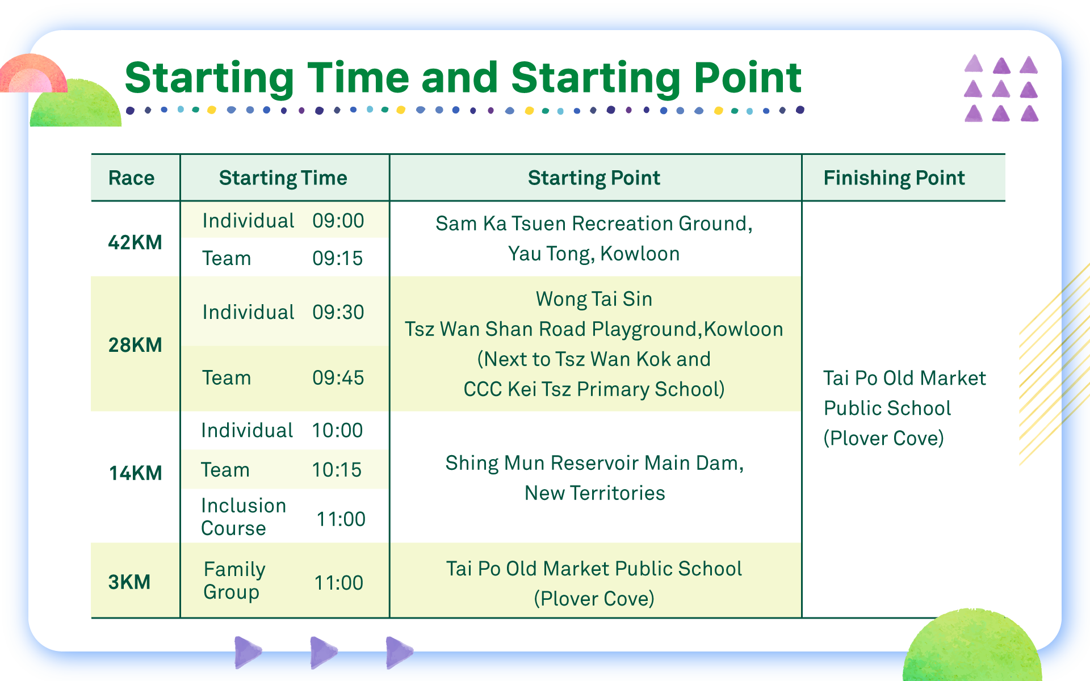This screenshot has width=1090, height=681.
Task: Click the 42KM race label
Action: pyautogui.click(x=135, y=242)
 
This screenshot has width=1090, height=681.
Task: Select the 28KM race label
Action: pyautogui.click(x=135, y=345)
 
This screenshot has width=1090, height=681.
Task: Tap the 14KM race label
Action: pyautogui.click(x=135, y=473)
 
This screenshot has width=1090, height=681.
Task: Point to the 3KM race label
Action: pyautogui.click(x=129, y=582)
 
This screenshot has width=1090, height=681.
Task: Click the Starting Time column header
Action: pyautogui.click(x=283, y=178)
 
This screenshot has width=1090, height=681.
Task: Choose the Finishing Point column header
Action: pyautogui.click(x=894, y=178)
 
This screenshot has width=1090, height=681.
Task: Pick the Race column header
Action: pyautogui.click(x=131, y=178)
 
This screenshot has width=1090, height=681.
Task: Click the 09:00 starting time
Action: pyautogui.click(x=338, y=221)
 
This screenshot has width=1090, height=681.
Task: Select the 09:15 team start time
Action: pyautogui.click(x=338, y=258)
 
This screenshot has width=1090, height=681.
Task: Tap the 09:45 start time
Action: pyautogui.click(x=338, y=378)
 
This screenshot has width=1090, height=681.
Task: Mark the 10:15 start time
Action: pyautogui.click(x=337, y=470)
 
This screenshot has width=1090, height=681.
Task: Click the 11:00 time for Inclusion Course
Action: pyautogui.click(x=341, y=519)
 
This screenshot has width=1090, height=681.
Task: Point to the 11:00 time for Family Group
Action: pyautogui.click(x=339, y=583)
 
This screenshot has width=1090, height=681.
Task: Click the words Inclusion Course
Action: pyautogui.click(x=244, y=517)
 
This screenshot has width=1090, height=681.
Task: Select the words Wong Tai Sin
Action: pyautogui.click(x=594, y=299)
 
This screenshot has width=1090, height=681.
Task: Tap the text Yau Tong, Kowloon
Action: pyautogui.click(x=594, y=254)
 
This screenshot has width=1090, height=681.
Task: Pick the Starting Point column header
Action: pyautogui.click(x=594, y=178)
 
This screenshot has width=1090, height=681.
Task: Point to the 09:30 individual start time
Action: pyautogui.click(x=338, y=312)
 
